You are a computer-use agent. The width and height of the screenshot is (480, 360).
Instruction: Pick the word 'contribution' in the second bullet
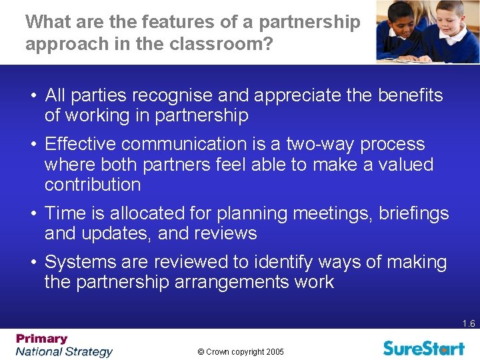pos(93,185)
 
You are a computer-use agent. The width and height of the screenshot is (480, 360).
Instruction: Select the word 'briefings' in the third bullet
pos(414,213)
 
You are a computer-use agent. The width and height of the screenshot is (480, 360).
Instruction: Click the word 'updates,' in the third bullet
pos(118,233)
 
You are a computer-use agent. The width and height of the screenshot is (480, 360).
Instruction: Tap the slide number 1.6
pos(469,324)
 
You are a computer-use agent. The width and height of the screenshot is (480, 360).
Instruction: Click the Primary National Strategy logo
pos(64,345)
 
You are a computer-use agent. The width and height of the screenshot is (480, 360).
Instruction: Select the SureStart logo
pos(423,347)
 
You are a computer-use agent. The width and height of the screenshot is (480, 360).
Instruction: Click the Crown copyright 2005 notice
pos(240,351)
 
